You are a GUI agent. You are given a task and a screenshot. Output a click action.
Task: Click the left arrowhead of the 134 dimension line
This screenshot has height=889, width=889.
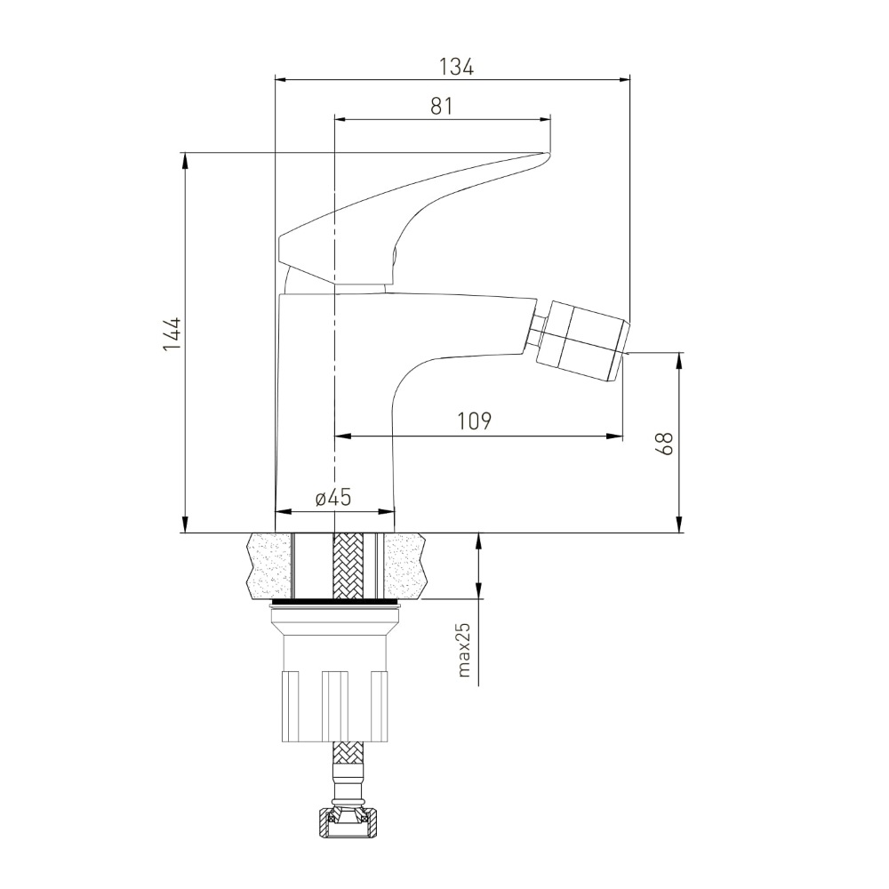click(x=283, y=79)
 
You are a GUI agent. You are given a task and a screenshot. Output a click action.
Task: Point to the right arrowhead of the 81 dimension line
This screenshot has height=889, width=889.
click(x=542, y=119)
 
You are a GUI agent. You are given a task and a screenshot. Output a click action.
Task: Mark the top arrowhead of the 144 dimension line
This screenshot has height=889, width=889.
click(x=185, y=160)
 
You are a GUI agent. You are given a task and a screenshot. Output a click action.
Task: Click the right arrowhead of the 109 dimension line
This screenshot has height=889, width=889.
click(x=615, y=436)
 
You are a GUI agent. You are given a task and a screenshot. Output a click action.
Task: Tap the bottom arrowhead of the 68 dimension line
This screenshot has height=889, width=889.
click(x=679, y=525)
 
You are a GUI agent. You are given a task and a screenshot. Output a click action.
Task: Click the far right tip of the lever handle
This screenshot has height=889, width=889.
click(x=549, y=154)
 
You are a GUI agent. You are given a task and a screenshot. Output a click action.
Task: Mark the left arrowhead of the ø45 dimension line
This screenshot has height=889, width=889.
click(x=283, y=512)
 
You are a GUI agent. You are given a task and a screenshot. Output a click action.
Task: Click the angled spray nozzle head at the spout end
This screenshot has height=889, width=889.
click(x=583, y=341)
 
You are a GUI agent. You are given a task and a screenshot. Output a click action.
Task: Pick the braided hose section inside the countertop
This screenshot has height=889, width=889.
click(x=348, y=565)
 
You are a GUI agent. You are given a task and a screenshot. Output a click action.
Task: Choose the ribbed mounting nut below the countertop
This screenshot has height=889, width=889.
click(x=335, y=706)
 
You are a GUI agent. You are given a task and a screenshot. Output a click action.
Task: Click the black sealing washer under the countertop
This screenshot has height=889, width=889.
click(x=336, y=601)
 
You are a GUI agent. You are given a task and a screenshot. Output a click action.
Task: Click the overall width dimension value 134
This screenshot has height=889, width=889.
click(x=456, y=67)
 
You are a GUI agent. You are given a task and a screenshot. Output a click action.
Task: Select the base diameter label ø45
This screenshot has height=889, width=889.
click(x=333, y=498)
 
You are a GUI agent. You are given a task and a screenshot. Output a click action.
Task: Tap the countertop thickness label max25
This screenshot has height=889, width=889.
click(x=464, y=650)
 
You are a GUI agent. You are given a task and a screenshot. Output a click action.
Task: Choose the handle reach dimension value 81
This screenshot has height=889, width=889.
click(x=442, y=106)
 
